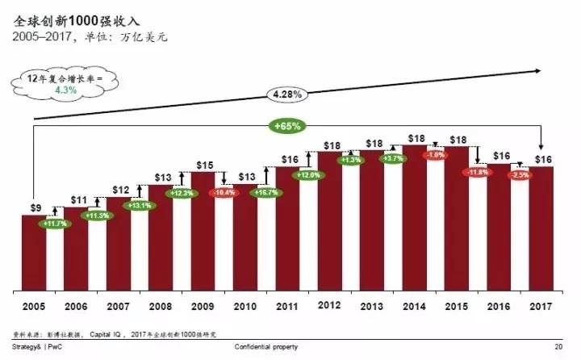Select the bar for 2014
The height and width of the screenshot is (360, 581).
coord(414,218)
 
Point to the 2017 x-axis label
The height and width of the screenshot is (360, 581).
coord(540,306)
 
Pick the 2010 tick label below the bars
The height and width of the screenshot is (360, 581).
coord(245,306)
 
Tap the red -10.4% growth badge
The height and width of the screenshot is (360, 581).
coord(224,194)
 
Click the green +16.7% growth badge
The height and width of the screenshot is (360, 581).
coord(265,194)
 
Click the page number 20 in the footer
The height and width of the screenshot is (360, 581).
coord(558,346)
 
